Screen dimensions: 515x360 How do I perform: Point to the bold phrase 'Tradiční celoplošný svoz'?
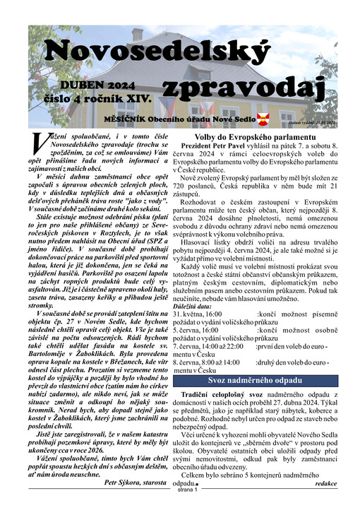click(217, 393)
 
